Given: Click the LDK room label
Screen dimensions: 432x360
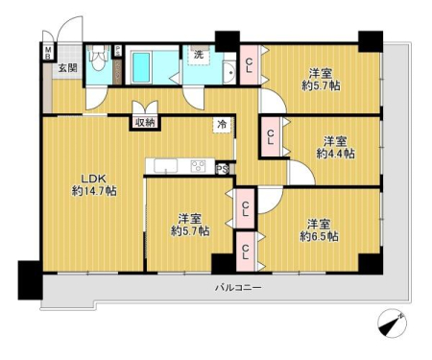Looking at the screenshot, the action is (x=94, y=179).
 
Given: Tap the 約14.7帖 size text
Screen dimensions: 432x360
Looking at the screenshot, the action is (x=94, y=191).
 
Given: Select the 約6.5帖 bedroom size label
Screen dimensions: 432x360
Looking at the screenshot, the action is (x=319, y=236).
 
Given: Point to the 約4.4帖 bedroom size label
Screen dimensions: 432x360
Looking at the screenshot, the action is (x=335, y=154).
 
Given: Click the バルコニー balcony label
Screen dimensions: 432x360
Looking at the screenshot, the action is (x=238, y=287).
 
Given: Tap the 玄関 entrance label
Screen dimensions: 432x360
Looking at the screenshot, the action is (x=68, y=67).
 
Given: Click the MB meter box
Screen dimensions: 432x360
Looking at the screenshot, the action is (x=48, y=53).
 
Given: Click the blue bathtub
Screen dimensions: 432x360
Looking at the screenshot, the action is (x=141, y=67).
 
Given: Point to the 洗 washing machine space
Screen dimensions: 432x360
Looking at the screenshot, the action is (x=199, y=55).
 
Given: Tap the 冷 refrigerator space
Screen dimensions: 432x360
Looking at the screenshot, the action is (x=222, y=125).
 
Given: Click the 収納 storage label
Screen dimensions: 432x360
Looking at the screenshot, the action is (x=146, y=123).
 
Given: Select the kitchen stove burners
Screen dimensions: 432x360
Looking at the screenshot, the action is (x=198, y=166).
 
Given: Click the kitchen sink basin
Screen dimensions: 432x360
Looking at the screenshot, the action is (x=166, y=166).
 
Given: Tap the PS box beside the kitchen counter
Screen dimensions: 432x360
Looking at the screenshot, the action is (x=223, y=169).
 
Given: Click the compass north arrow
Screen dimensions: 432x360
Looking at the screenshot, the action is (x=393, y=324).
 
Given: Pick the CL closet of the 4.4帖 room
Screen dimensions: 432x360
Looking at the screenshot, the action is (x=271, y=136).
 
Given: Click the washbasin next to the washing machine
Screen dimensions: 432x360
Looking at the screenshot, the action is (x=229, y=73).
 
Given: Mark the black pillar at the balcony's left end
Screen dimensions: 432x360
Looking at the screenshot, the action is (x=30, y=280).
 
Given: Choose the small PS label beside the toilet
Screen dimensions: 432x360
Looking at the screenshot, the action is (x=118, y=51).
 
